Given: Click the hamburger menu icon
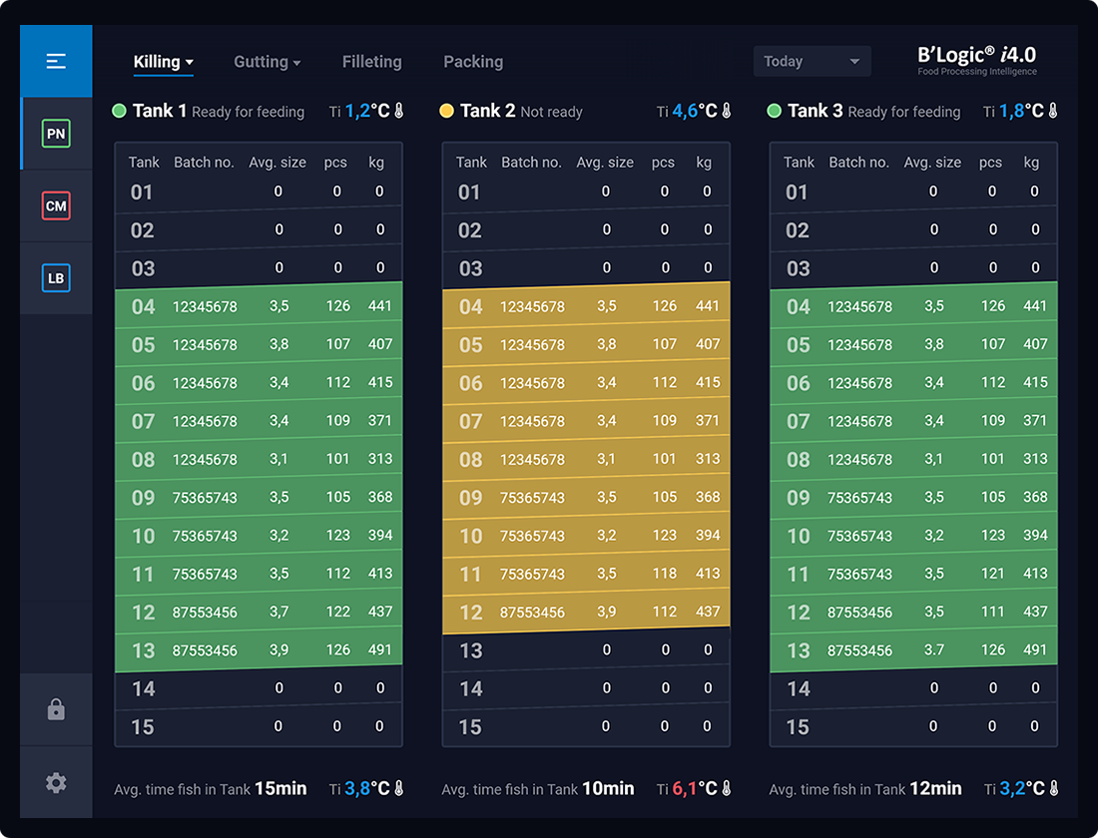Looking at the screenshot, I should pyautogui.click(x=56, y=62).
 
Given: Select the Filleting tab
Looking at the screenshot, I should pyautogui.click(x=371, y=62).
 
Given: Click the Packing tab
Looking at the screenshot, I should pyautogui.click(x=473, y=62).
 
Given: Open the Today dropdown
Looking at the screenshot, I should pyautogui.click(x=812, y=62).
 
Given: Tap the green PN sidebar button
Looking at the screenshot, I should pyautogui.click(x=56, y=134).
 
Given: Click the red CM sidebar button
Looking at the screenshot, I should pyautogui.click(x=56, y=207).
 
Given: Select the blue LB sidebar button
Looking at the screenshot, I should pyautogui.click(x=56, y=278).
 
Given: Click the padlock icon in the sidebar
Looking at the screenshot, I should pyautogui.click(x=56, y=710).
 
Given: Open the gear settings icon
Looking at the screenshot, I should pyautogui.click(x=56, y=783).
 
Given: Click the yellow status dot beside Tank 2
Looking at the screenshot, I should pyautogui.click(x=446, y=111).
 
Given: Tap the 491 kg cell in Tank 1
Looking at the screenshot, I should pyautogui.click(x=380, y=649).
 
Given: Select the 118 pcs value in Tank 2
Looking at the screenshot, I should pyautogui.click(x=665, y=573).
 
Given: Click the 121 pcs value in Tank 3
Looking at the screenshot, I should pyautogui.click(x=992, y=573).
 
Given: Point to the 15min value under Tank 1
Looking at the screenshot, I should pyautogui.click(x=280, y=789).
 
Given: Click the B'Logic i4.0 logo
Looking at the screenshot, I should pyautogui.click(x=976, y=59).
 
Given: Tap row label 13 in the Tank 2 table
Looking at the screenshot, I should pyautogui.click(x=471, y=650).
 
